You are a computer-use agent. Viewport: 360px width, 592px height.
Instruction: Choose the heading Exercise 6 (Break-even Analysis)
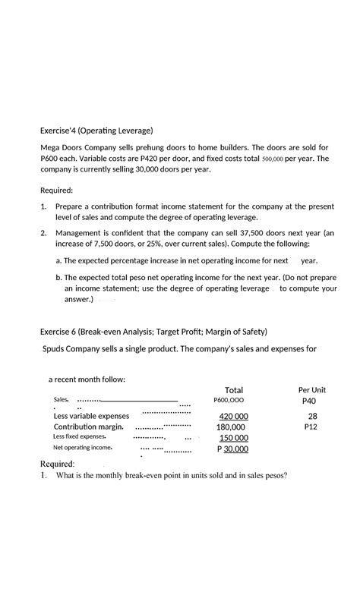[153, 332]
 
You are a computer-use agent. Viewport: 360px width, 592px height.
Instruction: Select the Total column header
[233, 389]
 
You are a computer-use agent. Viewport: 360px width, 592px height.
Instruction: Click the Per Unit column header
[312, 389]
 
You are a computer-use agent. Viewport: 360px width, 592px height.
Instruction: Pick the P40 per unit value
[308, 401]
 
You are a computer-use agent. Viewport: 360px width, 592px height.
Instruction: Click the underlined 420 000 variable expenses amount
[233, 417]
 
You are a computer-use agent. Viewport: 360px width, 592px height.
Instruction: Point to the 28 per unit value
[312, 416]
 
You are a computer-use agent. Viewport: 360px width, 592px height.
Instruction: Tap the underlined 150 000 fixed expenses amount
[234, 438]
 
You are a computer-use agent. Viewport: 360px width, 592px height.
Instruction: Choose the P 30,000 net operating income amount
[232, 449]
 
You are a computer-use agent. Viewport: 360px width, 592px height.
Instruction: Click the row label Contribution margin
[89, 427]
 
